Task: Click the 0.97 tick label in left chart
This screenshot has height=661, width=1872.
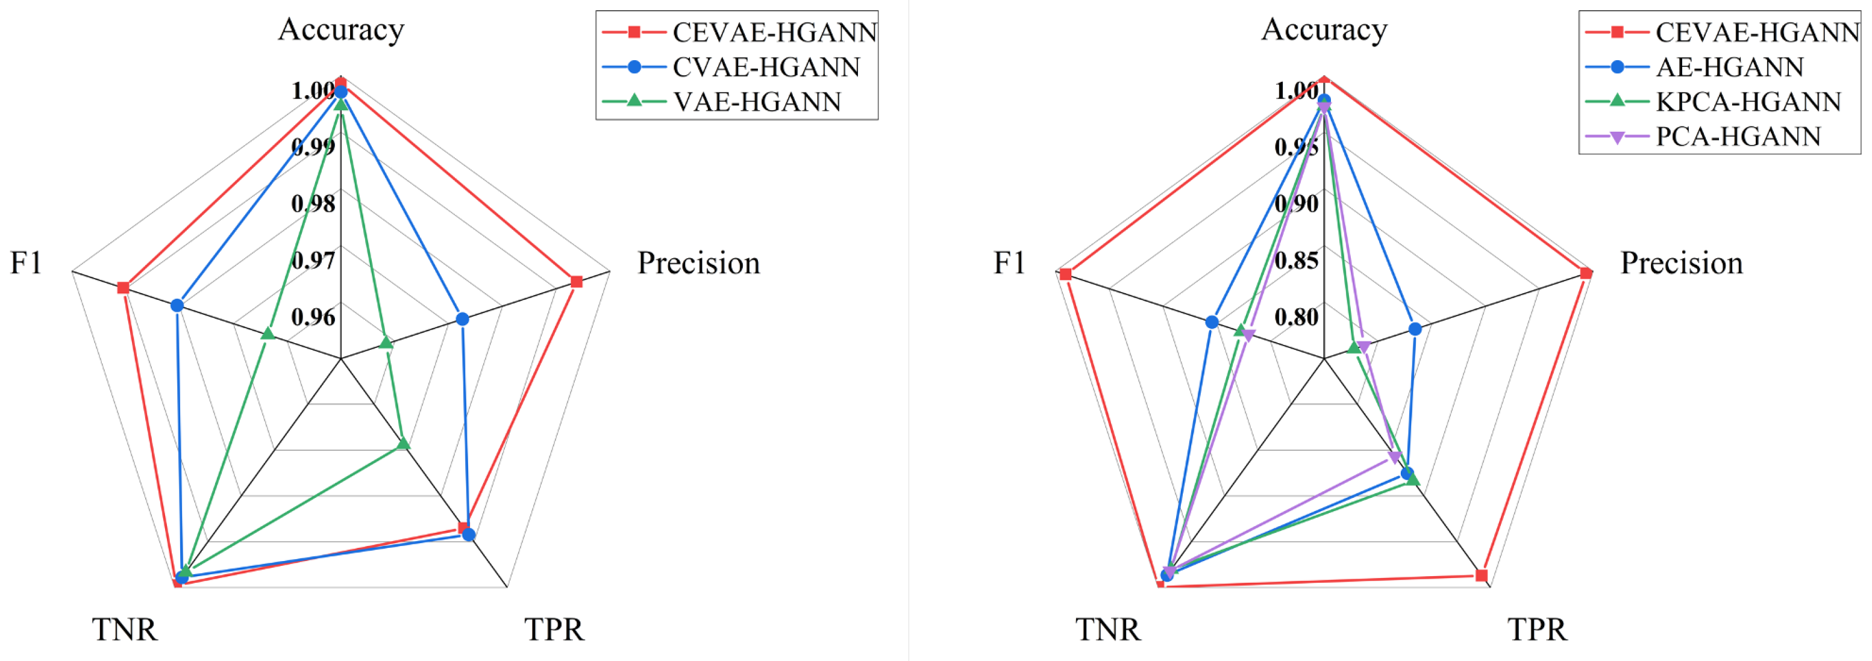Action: (x=313, y=260)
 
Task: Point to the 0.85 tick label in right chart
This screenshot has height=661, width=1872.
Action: (x=1297, y=260)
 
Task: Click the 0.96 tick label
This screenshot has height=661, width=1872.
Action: (x=313, y=317)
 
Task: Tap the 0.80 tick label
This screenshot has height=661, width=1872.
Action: (x=1297, y=317)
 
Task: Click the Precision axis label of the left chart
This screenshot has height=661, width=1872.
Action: (x=698, y=263)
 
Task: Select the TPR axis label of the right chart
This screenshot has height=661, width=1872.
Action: (x=1537, y=629)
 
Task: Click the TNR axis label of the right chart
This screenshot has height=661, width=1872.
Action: (x=1107, y=629)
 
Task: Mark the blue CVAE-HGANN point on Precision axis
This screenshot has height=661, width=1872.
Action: (x=462, y=319)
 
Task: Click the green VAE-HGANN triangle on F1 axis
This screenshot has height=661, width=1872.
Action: (x=268, y=334)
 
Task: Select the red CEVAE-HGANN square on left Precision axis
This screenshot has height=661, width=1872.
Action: (x=576, y=282)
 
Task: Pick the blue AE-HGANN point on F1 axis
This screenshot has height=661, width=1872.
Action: (x=1212, y=322)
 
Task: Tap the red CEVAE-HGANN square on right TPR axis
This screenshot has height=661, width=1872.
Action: (x=1482, y=576)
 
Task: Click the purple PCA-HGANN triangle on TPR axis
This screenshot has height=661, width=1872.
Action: (x=1394, y=457)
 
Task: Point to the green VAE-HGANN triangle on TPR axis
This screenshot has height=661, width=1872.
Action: (x=403, y=443)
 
